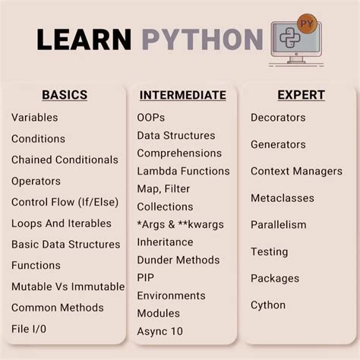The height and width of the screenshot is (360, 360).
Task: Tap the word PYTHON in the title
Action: click(x=201, y=39)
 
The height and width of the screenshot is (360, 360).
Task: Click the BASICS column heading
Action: click(x=65, y=96)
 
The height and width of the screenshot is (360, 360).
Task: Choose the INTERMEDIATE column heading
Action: click(x=183, y=96)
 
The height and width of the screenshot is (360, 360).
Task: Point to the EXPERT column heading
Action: click(x=302, y=96)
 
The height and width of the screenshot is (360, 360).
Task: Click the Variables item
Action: click(x=34, y=118)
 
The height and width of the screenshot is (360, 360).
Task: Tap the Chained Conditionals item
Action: click(x=65, y=160)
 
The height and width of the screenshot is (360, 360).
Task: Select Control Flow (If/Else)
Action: click(x=65, y=202)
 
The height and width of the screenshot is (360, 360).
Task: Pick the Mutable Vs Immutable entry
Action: click(x=68, y=287)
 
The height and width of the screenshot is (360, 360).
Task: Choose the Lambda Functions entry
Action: click(x=183, y=171)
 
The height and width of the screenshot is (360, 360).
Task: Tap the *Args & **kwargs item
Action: click(x=181, y=224)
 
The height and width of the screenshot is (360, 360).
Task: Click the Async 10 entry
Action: click(x=159, y=331)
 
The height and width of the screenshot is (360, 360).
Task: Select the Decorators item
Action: click(x=278, y=118)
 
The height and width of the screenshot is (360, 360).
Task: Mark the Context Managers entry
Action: click(x=296, y=171)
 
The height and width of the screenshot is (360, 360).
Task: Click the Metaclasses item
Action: click(x=283, y=198)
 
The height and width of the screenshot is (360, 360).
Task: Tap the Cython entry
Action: click(x=268, y=305)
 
